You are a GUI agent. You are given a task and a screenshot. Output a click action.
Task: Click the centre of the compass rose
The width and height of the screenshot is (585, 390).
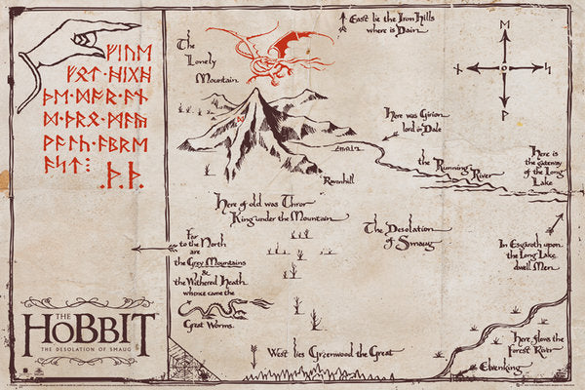[x=503, y=68]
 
